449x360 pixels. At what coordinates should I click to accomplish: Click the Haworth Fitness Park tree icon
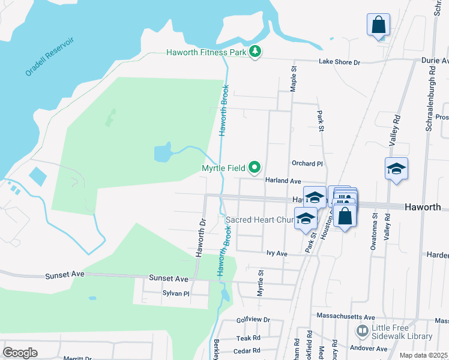tap(256, 52)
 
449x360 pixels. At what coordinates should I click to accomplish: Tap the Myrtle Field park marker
tap(255, 167)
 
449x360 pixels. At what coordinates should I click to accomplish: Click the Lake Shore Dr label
tap(339, 62)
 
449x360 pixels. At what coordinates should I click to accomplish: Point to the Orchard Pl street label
tap(308, 163)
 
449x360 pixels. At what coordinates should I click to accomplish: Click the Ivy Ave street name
tap(277, 254)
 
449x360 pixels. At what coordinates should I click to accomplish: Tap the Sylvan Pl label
tap(176, 293)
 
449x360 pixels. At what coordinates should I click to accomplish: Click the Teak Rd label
tap(248, 338)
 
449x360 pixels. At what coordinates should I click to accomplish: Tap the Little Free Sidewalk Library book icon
tap(362, 331)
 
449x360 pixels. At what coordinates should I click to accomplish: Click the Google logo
tap(20, 353)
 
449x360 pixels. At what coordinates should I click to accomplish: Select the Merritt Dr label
tap(77, 358)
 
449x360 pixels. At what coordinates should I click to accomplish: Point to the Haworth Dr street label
tap(200, 238)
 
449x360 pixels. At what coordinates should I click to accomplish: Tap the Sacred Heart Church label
tap(258, 220)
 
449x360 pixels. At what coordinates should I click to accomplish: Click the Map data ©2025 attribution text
tap(423, 355)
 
